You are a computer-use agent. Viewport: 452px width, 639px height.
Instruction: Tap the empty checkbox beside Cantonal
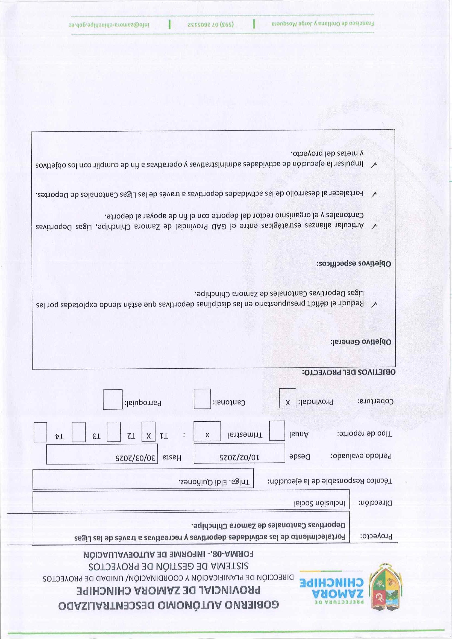pyautogui.click(x=202, y=399)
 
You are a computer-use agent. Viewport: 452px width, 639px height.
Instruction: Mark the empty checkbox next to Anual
pyautogui.click(x=277, y=431)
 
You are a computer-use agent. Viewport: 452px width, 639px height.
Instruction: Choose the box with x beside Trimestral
pyautogui.click(x=207, y=431)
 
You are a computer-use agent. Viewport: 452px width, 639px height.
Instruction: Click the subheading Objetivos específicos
pyautogui.click(x=354, y=263)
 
